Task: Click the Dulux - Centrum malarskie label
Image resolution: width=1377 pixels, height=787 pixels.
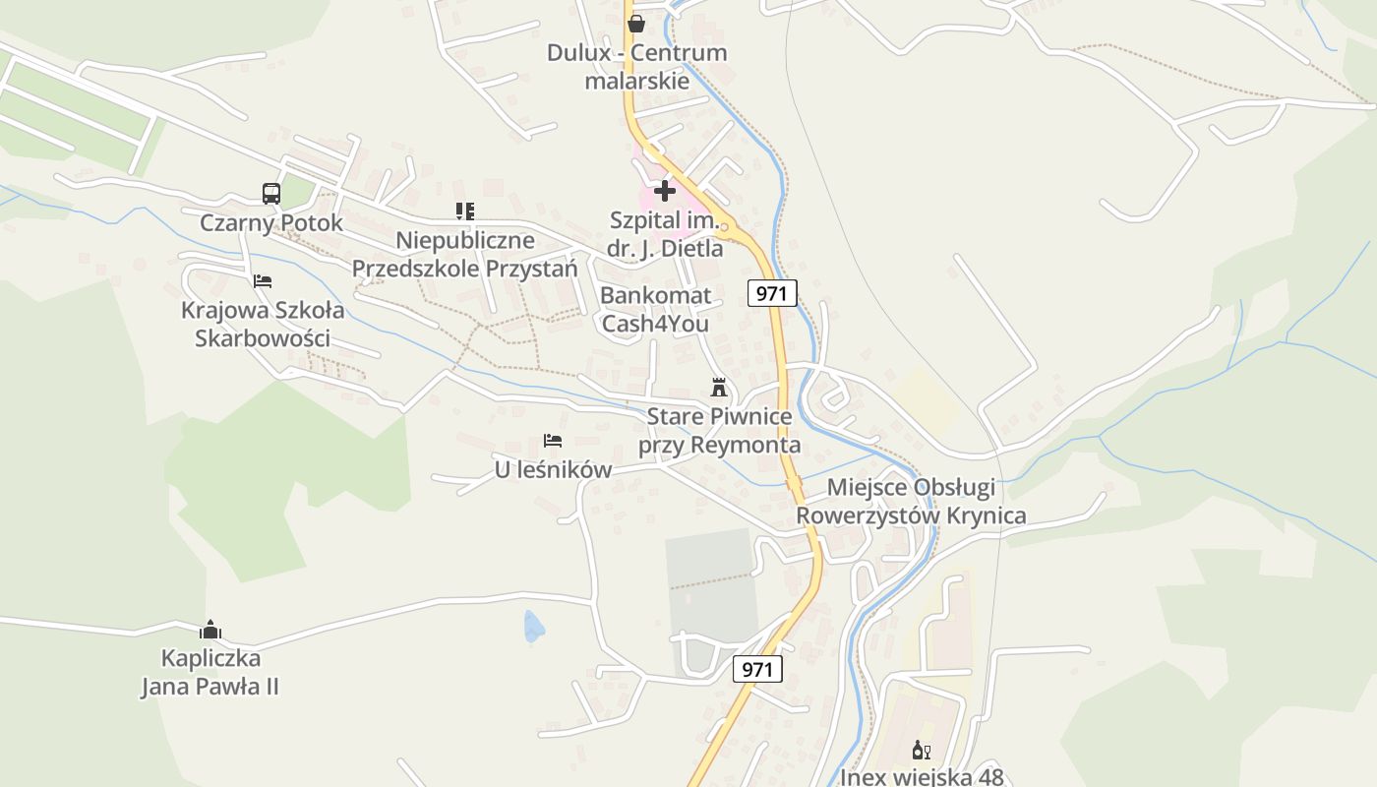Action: click(x=636, y=67)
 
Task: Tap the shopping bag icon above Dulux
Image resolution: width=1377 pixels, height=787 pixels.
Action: click(x=635, y=23)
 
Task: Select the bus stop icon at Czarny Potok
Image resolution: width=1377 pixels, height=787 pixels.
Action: click(x=271, y=193)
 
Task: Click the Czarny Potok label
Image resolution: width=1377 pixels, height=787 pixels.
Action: click(x=271, y=222)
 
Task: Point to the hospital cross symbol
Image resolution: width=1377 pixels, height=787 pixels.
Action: click(x=665, y=191)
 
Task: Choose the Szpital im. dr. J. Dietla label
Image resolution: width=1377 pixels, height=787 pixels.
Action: click(x=665, y=234)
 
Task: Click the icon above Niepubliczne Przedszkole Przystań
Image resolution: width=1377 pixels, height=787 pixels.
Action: click(x=465, y=211)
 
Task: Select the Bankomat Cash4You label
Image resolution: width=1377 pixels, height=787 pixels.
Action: click(x=655, y=309)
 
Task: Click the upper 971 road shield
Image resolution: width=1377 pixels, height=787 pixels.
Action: click(x=772, y=292)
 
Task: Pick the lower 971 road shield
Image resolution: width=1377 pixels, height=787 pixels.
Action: click(x=757, y=669)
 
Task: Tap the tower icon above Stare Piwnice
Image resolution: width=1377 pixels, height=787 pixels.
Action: click(x=719, y=387)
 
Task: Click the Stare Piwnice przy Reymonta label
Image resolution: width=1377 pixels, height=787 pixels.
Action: click(x=719, y=431)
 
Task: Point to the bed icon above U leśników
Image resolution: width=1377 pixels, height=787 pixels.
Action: click(x=553, y=440)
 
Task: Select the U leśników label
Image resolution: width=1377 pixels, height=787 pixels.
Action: click(x=553, y=469)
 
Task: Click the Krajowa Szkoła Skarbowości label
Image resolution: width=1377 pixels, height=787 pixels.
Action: click(x=263, y=325)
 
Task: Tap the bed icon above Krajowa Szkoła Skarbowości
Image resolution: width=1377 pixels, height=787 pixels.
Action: click(x=262, y=280)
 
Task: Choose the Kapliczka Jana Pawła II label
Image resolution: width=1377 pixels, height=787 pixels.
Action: click(x=210, y=672)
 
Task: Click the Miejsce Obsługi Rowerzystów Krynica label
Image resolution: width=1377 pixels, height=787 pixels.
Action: click(x=911, y=501)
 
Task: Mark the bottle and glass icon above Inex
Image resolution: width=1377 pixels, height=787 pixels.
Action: click(x=922, y=750)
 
